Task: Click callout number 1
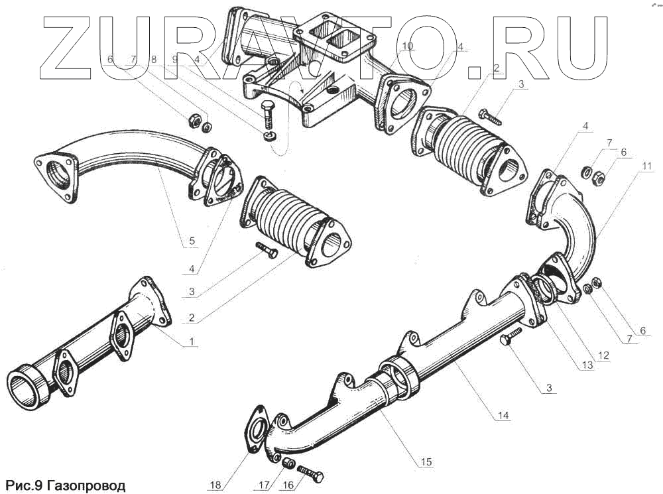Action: point(192,341)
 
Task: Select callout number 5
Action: point(192,241)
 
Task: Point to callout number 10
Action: point(407,46)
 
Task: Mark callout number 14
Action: point(504,415)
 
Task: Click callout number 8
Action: point(154,59)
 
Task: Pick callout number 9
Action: point(175,59)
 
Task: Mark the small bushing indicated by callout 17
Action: point(288,463)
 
